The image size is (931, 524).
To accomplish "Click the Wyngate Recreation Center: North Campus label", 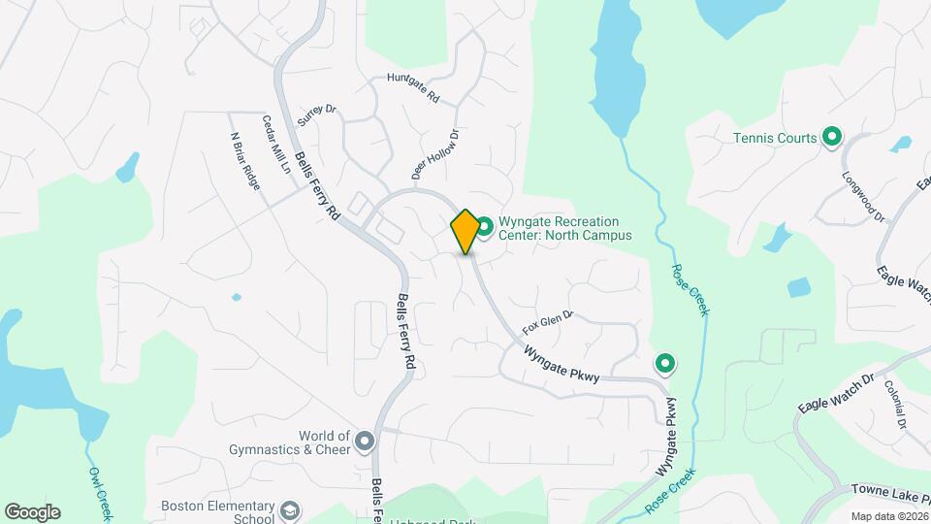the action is (x=564, y=228).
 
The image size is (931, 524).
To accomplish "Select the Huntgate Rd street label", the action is (x=413, y=88).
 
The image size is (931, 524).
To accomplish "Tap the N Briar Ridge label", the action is (x=245, y=160).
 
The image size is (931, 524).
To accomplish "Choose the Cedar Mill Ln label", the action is (x=276, y=144).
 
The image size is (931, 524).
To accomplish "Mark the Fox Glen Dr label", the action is (x=548, y=319).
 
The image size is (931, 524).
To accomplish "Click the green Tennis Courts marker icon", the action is (x=831, y=138).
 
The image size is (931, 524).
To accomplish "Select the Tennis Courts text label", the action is (x=775, y=138).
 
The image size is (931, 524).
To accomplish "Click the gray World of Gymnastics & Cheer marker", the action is (x=365, y=442).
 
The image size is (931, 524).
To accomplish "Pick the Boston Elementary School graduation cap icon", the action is (x=289, y=510).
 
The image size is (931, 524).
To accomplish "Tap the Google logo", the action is (x=32, y=512).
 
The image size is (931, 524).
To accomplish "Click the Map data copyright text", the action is (x=888, y=516).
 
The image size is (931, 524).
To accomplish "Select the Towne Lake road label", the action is (x=890, y=492).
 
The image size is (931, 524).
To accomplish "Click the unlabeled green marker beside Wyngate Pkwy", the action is (x=665, y=364).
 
